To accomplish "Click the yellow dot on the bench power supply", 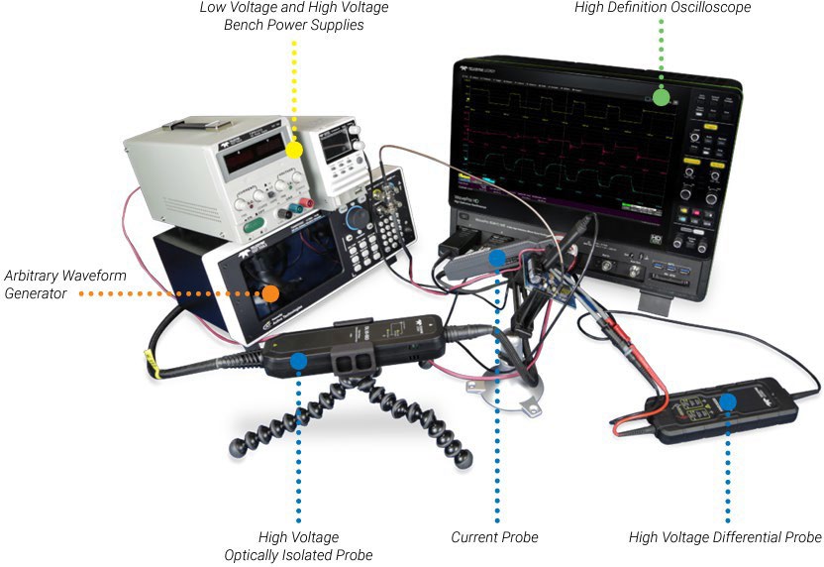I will click(293, 151).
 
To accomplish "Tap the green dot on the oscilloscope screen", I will click(661, 97).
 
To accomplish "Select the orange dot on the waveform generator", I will click(269, 293).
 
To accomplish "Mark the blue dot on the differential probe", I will click(728, 401).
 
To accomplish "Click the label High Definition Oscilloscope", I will click(663, 8).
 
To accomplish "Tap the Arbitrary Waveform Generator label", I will click(65, 284).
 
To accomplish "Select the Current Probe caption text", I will click(494, 537).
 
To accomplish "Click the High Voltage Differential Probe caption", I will click(725, 537).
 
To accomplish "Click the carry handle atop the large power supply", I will click(198, 124).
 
